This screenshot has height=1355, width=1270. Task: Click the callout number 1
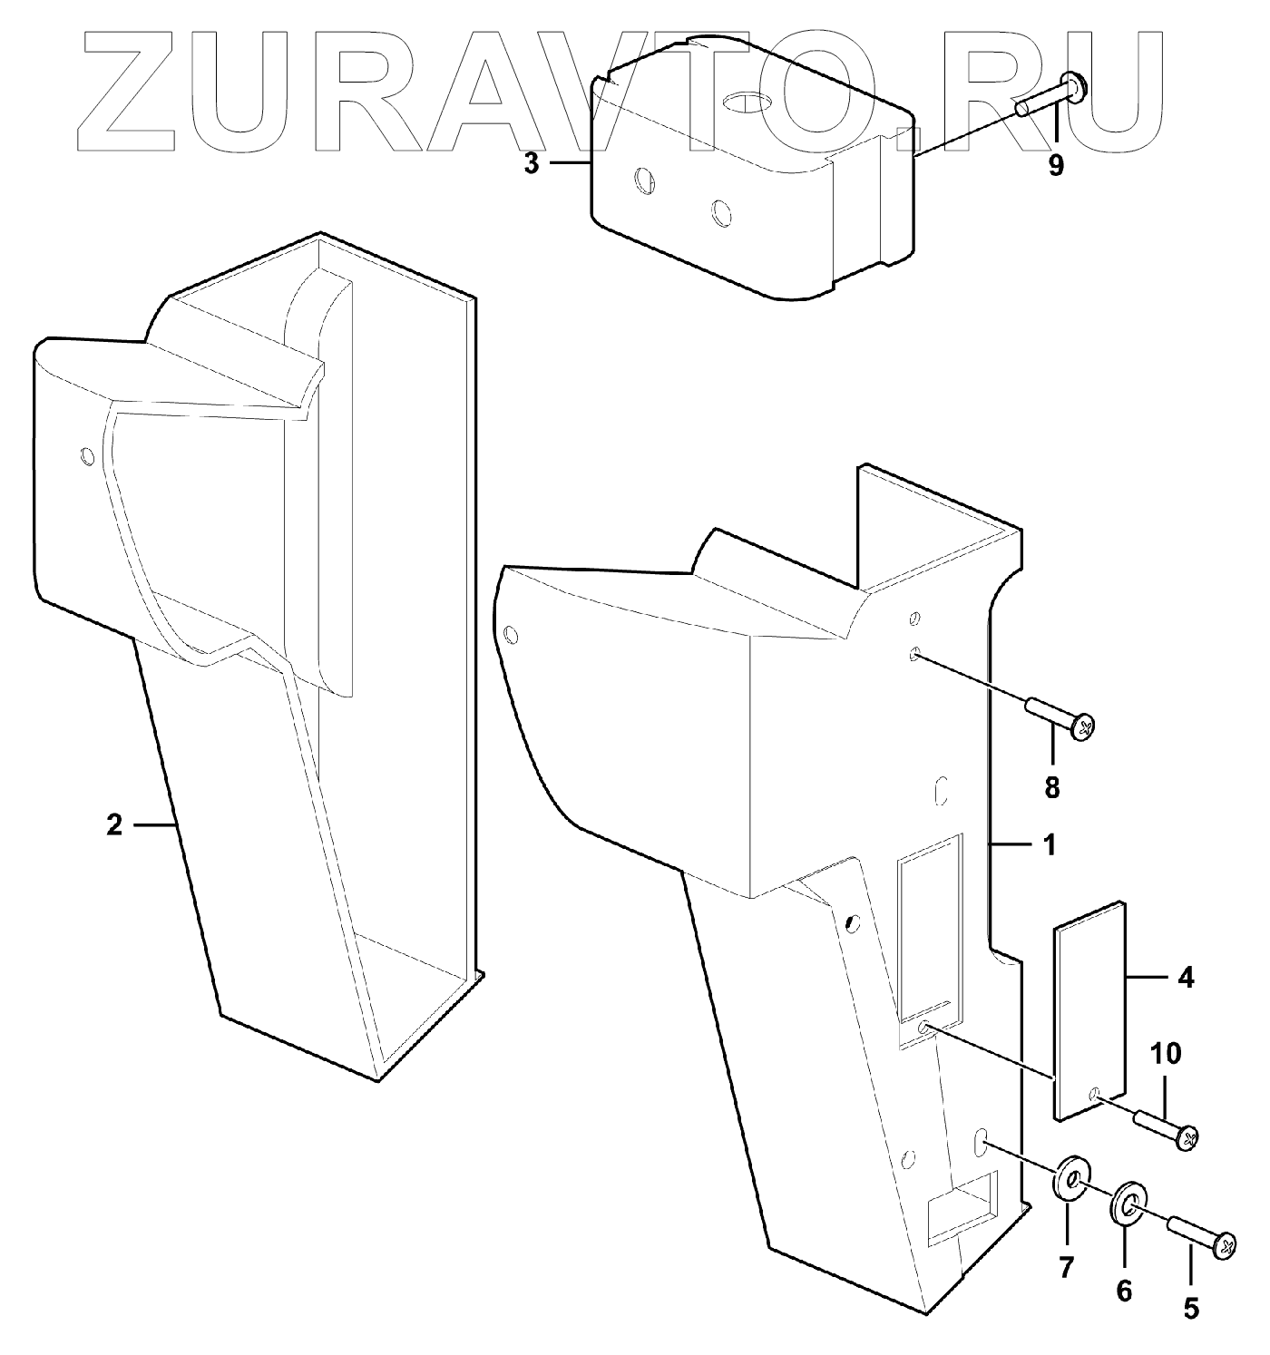1050,845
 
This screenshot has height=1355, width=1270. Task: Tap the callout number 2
113,825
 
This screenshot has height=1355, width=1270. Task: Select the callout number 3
532,164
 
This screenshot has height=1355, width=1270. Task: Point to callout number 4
1186,979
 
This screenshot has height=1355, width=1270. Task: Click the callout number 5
1191,1309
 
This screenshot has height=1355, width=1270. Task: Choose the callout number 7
1067,1265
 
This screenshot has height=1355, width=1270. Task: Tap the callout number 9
1056,167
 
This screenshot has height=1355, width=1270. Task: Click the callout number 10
1167,1053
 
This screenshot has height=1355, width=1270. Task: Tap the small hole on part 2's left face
87,454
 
